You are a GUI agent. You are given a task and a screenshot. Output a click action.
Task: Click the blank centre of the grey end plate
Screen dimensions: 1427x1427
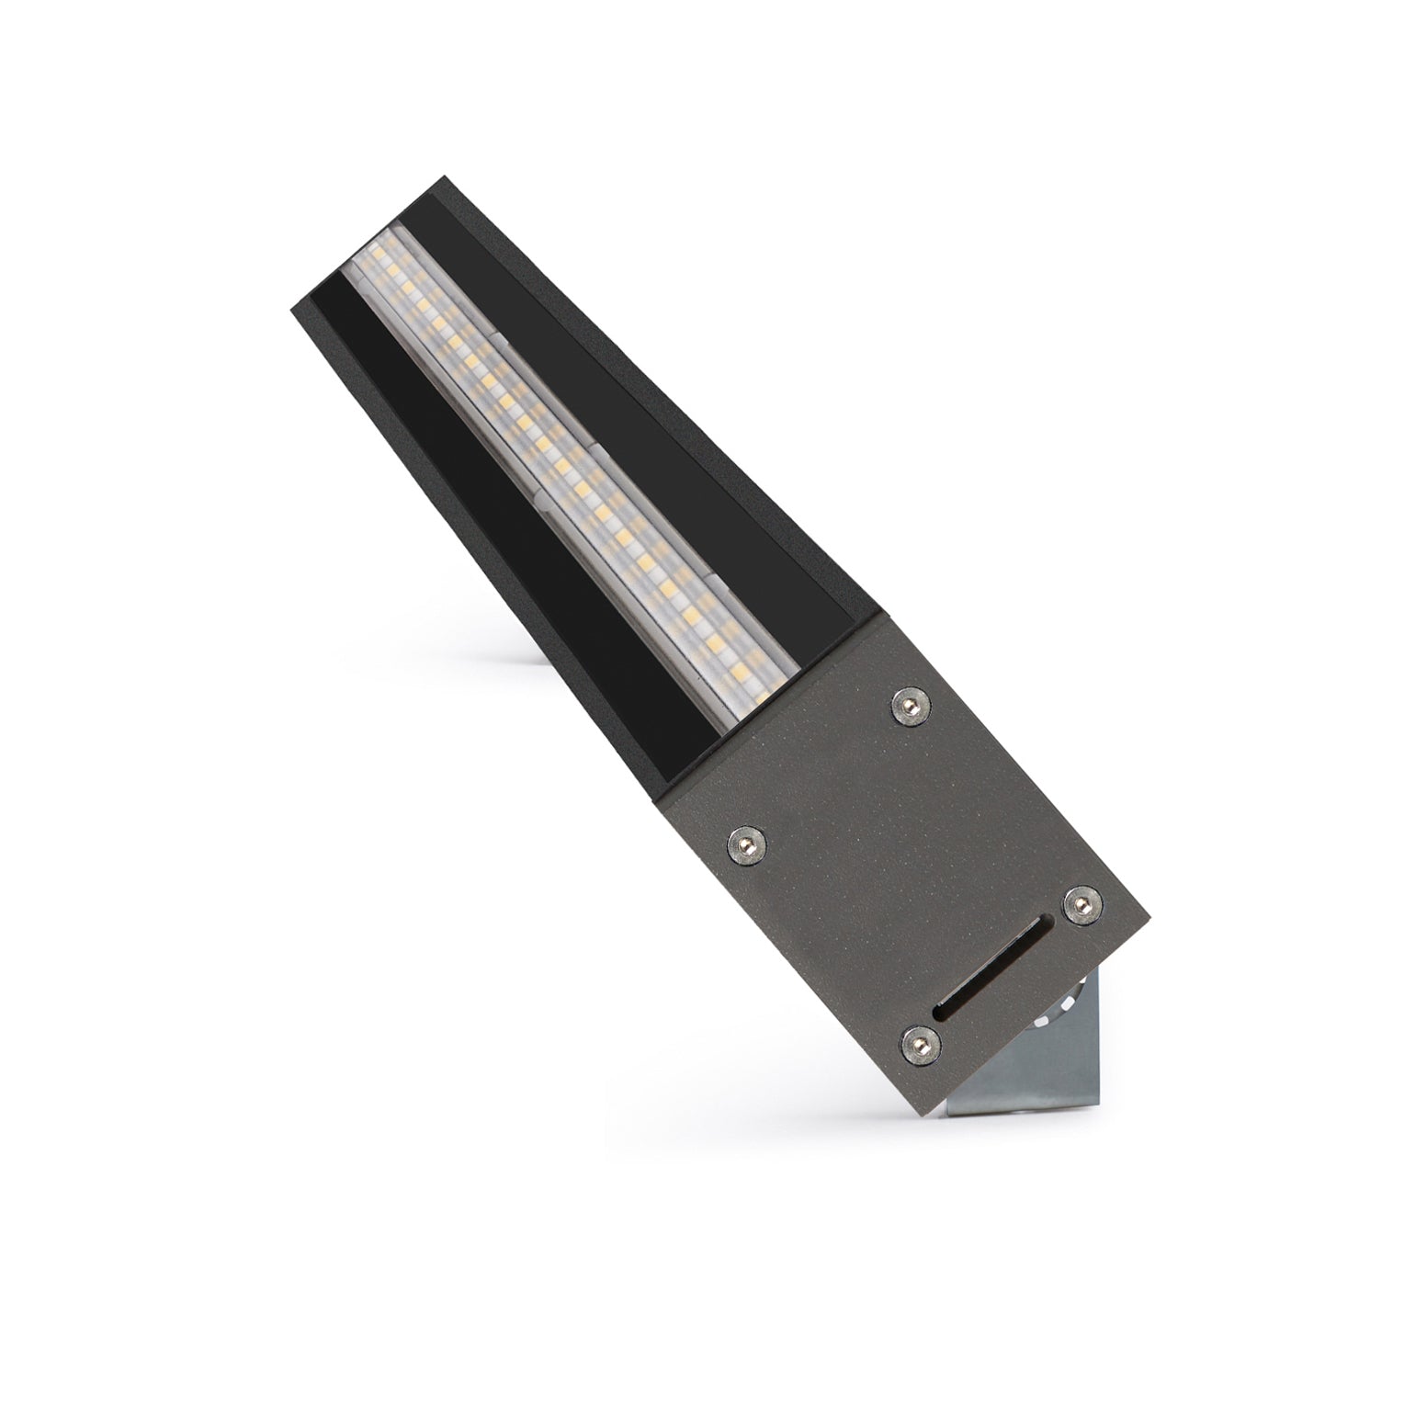click(882, 855)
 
